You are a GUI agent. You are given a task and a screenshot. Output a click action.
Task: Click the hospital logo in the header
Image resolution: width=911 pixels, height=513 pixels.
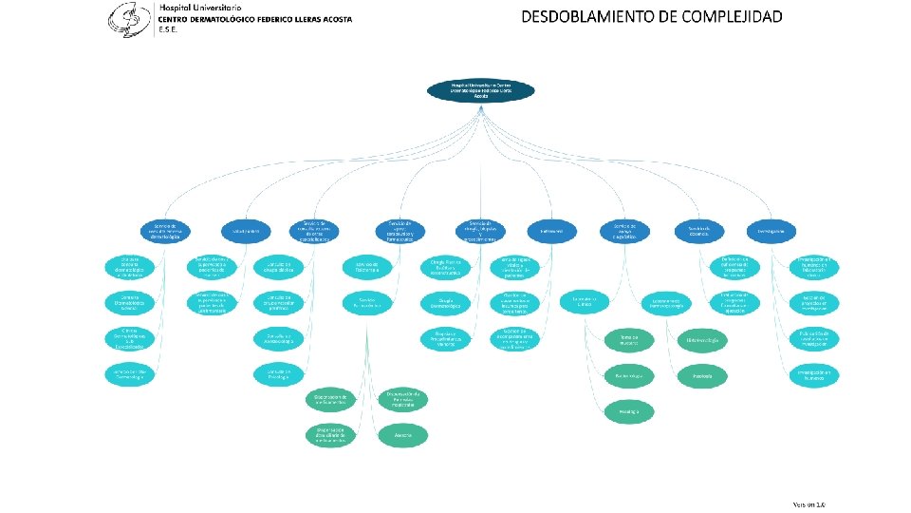(x=130, y=17)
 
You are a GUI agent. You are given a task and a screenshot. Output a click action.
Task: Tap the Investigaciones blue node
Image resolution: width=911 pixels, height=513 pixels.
(x=772, y=231)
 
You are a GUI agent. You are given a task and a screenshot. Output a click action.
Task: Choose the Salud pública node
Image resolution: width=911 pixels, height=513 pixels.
(x=246, y=231)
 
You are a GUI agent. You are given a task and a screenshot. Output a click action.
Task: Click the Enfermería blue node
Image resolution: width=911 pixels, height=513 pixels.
(x=552, y=231)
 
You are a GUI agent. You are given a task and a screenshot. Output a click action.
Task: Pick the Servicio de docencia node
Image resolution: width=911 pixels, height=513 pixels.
(x=699, y=231)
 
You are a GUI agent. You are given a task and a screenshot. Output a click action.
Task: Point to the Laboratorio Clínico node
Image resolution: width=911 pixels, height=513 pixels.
(x=583, y=302)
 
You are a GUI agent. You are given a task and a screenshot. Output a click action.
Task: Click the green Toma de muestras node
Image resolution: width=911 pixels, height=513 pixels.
(x=629, y=339)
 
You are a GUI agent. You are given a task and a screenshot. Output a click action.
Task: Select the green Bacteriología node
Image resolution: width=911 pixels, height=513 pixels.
(x=628, y=376)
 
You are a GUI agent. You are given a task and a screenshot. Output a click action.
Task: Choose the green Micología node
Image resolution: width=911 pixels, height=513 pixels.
(x=628, y=410)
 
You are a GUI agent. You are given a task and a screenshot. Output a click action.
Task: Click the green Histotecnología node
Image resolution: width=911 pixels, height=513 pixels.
(x=703, y=339)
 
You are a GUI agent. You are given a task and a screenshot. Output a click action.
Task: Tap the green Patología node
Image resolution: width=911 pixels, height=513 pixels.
(x=703, y=376)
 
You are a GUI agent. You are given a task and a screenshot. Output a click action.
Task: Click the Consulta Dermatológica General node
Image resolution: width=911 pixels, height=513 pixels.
(x=132, y=302)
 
